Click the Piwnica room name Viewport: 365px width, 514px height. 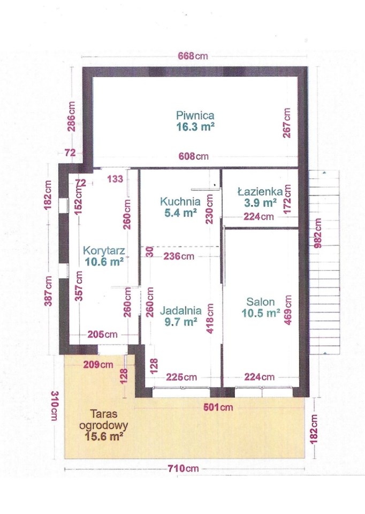(x=195, y=116)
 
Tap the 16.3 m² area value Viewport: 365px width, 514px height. (x=195, y=126)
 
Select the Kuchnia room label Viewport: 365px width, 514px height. (x=180, y=201)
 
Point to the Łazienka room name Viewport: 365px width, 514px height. (x=260, y=191)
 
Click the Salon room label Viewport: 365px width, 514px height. (x=261, y=301)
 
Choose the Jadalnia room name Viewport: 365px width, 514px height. (x=180, y=311)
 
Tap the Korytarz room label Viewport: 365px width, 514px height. (x=104, y=251)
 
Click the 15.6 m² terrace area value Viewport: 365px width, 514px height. (x=104, y=436)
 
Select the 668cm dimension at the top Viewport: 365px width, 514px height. (x=193, y=56)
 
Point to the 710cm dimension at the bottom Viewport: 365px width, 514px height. (x=184, y=468)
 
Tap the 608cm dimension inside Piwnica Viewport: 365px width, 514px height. (x=193, y=156)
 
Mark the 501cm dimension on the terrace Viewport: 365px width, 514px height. (x=218, y=407)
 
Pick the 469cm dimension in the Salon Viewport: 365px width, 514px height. (x=288, y=310)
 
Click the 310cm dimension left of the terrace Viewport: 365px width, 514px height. (x=55, y=405)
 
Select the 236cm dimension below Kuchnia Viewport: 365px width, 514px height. (x=179, y=256)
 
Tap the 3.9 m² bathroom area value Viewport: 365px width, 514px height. (x=260, y=202)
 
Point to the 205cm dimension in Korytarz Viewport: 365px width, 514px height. (x=103, y=334)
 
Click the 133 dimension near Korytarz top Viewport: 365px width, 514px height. (x=115, y=179)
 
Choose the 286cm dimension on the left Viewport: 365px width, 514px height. (x=71, y=116)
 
